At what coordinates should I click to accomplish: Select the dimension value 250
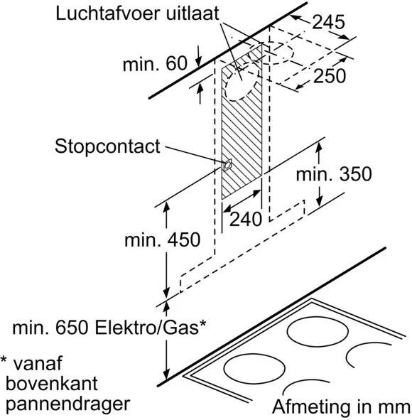click(329, 77)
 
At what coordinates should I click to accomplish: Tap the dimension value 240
click(246, 220)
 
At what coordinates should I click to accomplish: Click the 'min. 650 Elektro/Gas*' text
click(109, 328)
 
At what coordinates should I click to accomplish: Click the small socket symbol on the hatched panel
click(227, 166)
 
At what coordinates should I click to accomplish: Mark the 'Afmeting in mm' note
click(342, 407)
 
